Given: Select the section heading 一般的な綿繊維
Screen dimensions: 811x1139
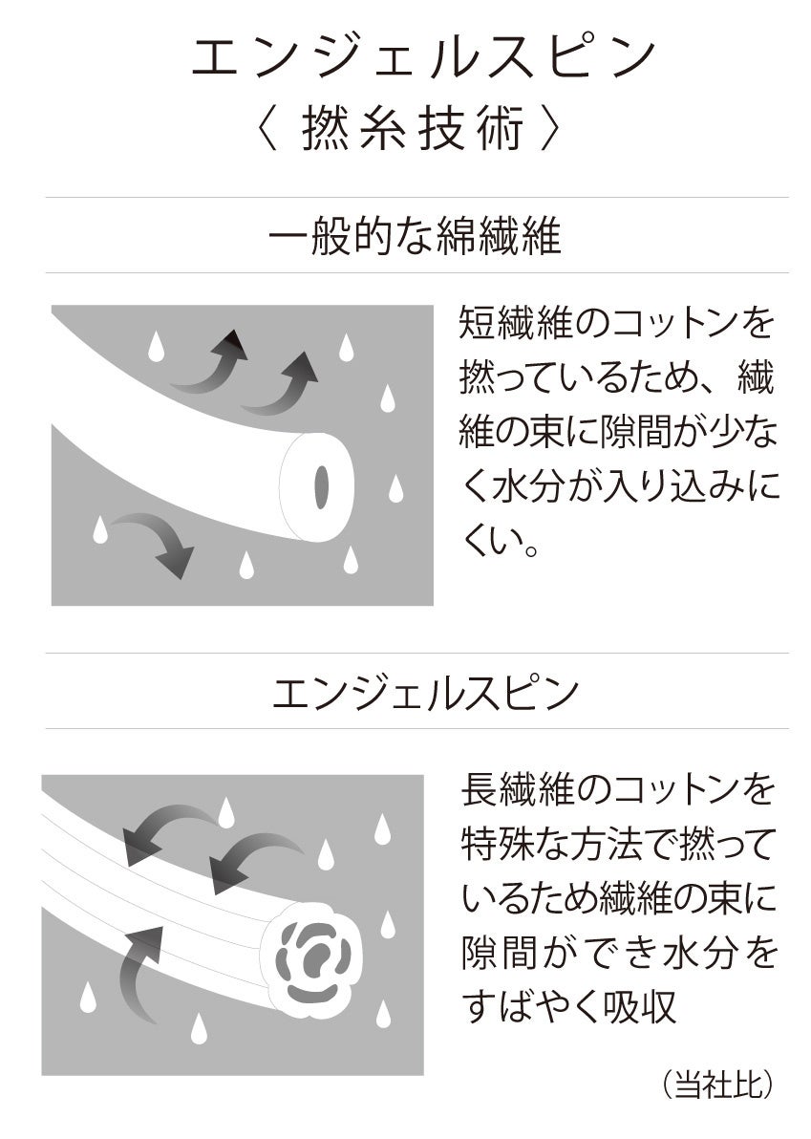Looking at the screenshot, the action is [416, 237].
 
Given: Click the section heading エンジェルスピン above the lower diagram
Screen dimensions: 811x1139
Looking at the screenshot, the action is [425, 693].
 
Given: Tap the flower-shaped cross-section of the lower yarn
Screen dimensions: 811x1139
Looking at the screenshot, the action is [312, 956].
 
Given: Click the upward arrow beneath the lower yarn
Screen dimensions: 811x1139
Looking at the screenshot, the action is [140, 967].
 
